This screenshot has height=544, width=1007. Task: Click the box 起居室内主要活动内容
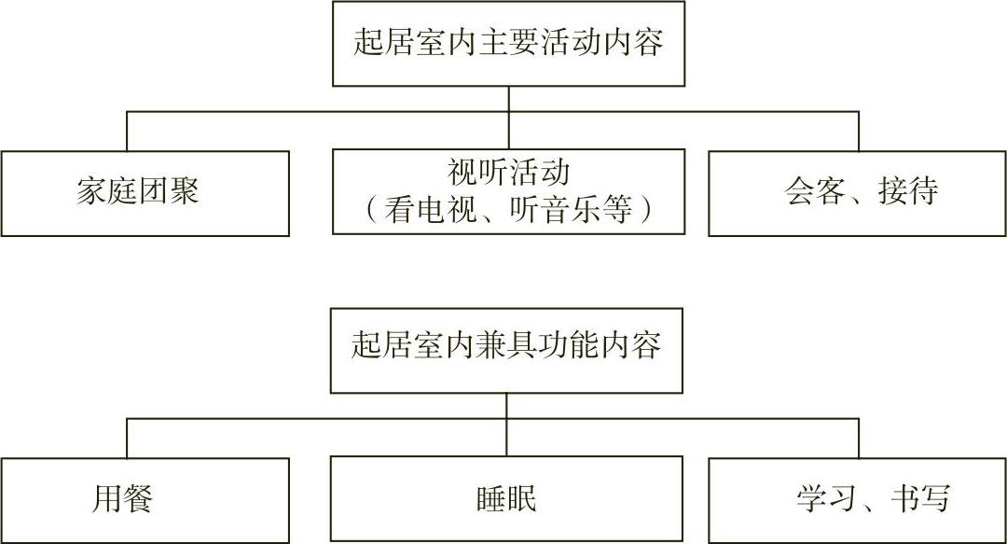pos(508,44)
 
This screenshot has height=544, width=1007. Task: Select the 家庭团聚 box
pos(145,193)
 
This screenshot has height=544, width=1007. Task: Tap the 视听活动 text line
pos(508,174)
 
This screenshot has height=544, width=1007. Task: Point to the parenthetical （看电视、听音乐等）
pos(508,209)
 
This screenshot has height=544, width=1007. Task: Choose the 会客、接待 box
pos(858,193)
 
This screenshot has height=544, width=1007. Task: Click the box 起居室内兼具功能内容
pos(506,349)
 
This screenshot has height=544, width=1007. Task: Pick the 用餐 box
pos(145,499)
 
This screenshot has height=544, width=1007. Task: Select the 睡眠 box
pos(506,499)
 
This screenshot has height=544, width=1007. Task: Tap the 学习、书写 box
pos(858,499)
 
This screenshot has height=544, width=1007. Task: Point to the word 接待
pos(907,192)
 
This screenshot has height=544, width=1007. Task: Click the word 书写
pos(919,498)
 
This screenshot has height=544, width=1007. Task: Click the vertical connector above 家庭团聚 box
pos(127,131)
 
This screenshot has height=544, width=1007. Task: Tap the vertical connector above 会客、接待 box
pos(859,131)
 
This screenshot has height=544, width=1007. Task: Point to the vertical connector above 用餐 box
pos(127,438)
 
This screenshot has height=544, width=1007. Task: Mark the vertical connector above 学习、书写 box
pos(859,438)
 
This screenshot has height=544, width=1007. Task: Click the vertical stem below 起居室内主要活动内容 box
pos(508,99)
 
